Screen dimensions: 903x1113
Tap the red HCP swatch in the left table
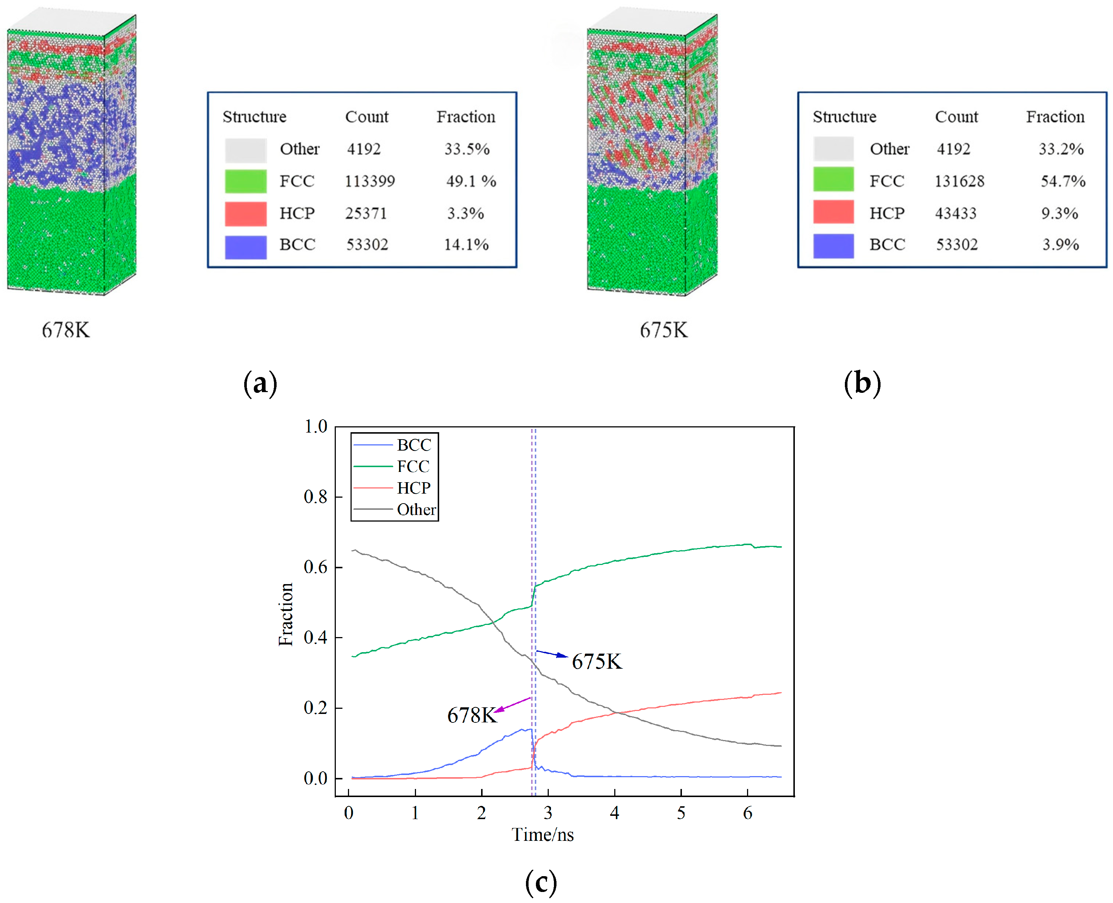[x=245, y=213]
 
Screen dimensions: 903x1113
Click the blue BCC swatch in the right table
[x=833, y=245]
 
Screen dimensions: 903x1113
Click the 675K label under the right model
[x=663, y=330]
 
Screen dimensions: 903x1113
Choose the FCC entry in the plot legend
[x=413, y=466]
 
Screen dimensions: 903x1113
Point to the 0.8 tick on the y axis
[x=315, y=497]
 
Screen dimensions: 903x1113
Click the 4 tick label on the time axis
[x=614, y=813]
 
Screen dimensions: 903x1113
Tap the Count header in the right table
[x=956, y=117]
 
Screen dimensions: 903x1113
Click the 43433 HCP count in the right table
[x=956, y=213]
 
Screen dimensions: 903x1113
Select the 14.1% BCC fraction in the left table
[x=466, y=245]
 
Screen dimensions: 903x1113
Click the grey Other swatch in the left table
[x=245, y=150]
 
